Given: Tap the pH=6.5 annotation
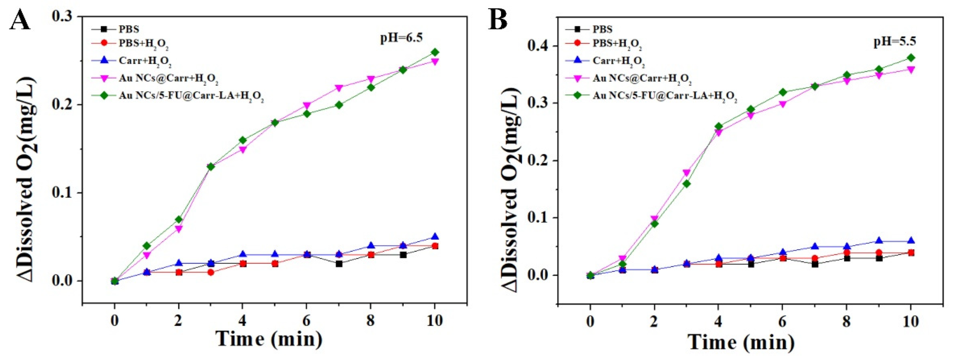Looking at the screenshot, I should pos(401,38).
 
